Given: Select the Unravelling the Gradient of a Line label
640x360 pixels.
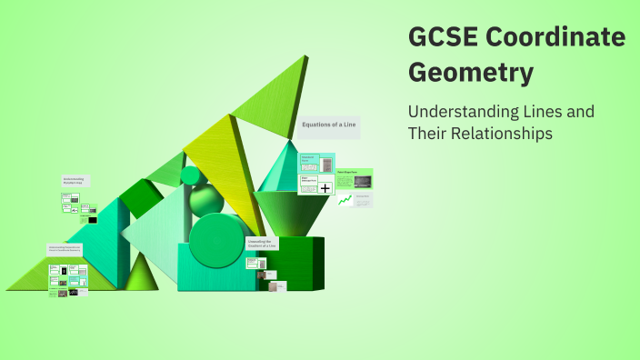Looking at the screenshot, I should (262, 244).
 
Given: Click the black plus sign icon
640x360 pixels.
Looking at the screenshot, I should (325, 188).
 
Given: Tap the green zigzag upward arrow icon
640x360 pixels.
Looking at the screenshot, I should (345, 200).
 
